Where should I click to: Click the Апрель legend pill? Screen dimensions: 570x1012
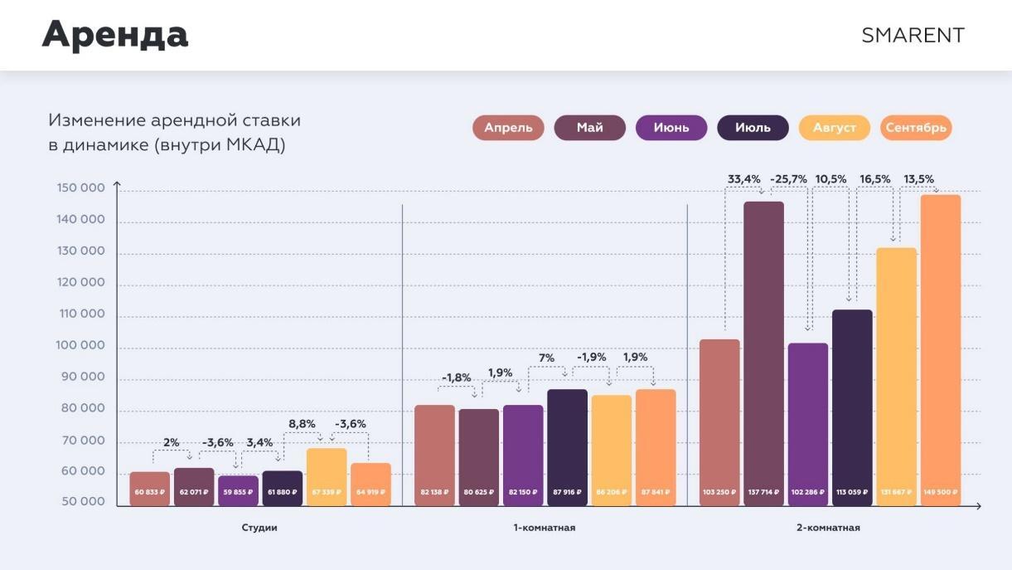click(x=508, y=128)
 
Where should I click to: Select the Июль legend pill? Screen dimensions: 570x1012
click(x=753, y=128)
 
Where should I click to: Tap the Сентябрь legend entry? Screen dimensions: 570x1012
click(x=916, y=128)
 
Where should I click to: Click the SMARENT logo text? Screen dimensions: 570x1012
click(x=913, y=36)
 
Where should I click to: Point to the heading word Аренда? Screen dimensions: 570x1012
click(x=115, y=35)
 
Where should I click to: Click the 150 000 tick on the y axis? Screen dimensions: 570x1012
click(x=80, y=188)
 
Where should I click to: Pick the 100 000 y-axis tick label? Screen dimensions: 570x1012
click(x=80, y=345)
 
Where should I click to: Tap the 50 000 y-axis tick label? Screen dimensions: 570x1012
click(x=81, y=502)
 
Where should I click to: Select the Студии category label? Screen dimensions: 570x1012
click(x=259, y=528)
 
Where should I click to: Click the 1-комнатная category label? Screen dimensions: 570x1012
click(x=544, y=528)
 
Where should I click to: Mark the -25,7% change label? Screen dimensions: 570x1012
click(x=788, y=179)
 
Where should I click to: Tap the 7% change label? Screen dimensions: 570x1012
click(x=547, y=358)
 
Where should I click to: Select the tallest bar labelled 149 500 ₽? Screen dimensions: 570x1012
click(x=940, y=348)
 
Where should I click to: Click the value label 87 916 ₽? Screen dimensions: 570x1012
click(x=567, y=492)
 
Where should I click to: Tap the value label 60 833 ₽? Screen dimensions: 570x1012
click(x=149, y=492)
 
